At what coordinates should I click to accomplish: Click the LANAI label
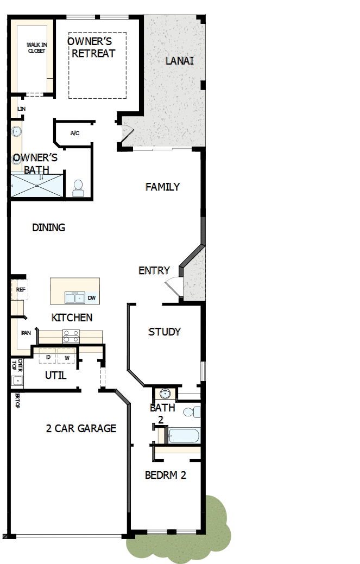179,61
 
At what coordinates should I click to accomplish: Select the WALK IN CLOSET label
37,48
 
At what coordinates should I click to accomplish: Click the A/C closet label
75,133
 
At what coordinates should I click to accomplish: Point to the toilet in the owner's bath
78,188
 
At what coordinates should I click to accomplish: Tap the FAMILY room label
162,187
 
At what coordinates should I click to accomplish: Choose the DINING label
48,227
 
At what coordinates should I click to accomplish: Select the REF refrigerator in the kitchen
21,290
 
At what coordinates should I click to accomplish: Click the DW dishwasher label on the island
92,298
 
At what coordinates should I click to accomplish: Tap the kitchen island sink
74,297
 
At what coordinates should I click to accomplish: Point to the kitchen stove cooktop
71,337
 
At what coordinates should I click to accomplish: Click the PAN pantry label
26,333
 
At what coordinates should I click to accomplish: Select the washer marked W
67,357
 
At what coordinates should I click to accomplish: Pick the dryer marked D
48,357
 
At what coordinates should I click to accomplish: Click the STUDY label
165,332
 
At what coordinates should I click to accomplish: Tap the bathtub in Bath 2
184,436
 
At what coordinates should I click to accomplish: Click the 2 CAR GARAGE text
81,428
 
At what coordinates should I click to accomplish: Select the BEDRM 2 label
166,475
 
